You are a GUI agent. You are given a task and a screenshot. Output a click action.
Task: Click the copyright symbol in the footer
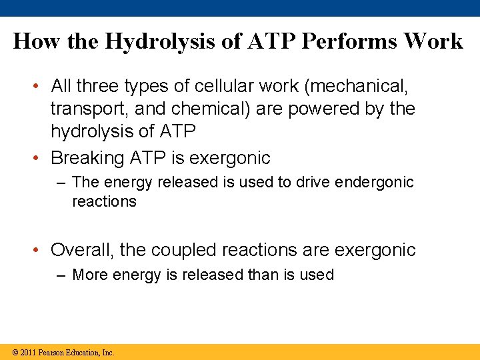(x=15, y=352)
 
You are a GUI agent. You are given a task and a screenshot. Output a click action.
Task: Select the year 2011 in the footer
(x=29, y=352)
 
